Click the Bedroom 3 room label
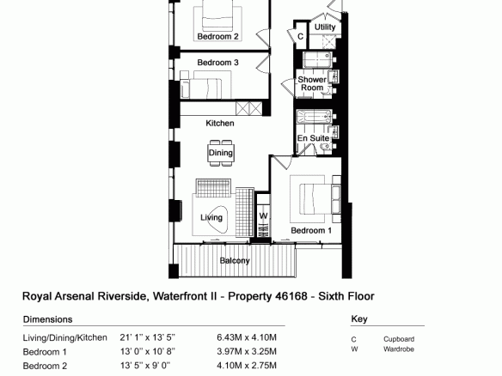(x=217, y=63)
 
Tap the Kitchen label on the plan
(x=220, y=123)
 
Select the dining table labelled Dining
(x=221, y=153)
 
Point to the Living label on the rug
(x=211, y=217)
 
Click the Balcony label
(x=235, y=261)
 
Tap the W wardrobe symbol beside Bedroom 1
(x=263, y=215)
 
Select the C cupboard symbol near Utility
(x=300, y=36)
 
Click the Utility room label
(x=325, y=27)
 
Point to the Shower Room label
(x=312, y=83)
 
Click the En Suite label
(x=313, y=138)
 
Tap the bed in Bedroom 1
(x=316, y=198)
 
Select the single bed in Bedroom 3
(x=201, y=88)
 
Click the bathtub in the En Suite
(x=314, y=117)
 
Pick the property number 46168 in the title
(x=291, y=296)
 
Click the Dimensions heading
(x=47, y=319)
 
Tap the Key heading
(x=359, y=318)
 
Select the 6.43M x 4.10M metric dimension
(x=247, y=337)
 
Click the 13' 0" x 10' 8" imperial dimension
(x=148, y=352)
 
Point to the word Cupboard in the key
(x=399, y=339)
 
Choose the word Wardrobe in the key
(x=399, y=349)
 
